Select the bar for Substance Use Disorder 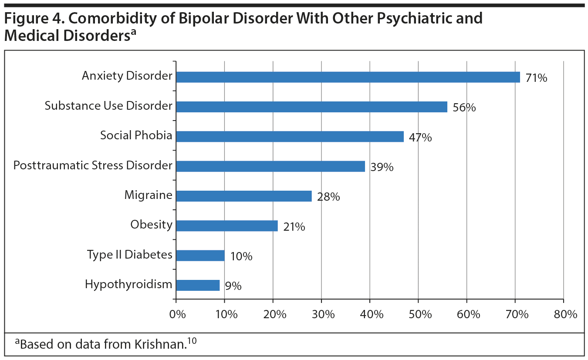click(x=311, y=107)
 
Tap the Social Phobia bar click(x=290, y=137)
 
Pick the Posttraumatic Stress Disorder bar click(x=270, y=166)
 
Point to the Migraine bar click(x=244, y=196)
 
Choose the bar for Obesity click(x=227, y=225)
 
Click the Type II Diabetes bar click(x=200, y=256)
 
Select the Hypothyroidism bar click(x=198, y=285)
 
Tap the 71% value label click(x=536, y=78)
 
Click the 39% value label click(x=382, y=167)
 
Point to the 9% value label click(x=233, y=286)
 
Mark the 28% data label click(x=328, y=197)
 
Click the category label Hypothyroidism click(x=128, y=285)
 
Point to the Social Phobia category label click(x=136, y=135)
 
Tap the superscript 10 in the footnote click(x=192, y=340)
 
